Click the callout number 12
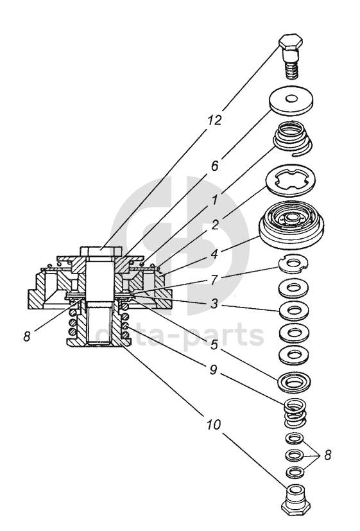tap(214, 119)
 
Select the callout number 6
tap(215, 166)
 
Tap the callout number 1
tap(214, 200)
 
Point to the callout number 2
tap(215, 225)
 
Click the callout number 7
tap(215, 281)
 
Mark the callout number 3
tap(214, 304)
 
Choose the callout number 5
tap(214, 345)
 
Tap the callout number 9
tap(213, 370)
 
